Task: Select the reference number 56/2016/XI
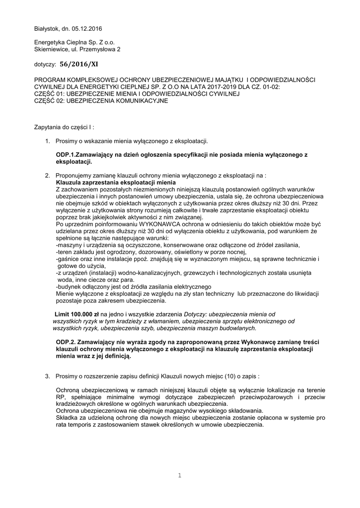79,64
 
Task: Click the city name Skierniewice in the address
51,50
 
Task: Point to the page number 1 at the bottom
180,476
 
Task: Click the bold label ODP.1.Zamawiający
86,155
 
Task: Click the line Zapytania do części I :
64,127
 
